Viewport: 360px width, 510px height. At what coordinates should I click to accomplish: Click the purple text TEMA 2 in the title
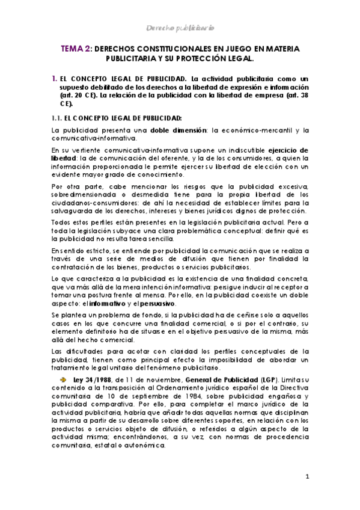tap(76, 48)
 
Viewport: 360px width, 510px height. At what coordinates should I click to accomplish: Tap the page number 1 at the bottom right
tap(307, 477)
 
